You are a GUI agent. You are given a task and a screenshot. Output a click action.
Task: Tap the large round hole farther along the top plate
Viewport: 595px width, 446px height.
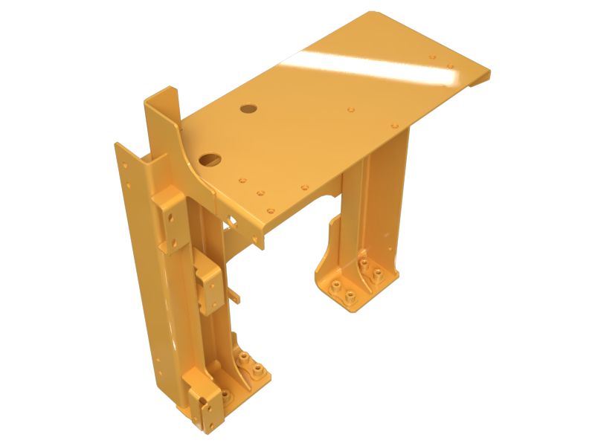click(x=248, y=109)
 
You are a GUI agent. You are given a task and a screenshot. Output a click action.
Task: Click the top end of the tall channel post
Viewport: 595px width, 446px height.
click(x=162, y=97)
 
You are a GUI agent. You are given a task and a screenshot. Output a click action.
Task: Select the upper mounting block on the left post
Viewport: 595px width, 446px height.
click(x=170, y=219)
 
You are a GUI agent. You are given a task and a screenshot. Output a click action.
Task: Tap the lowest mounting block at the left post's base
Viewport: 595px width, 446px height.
click(x=211, y=405)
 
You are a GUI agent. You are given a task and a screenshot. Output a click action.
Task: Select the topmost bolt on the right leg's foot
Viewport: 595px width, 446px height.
click(x=363, y=263)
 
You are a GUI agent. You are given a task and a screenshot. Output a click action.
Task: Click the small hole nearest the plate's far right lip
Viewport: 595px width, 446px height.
click(x=451, y=67)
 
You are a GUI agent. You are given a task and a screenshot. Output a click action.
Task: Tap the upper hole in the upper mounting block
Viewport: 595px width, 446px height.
click(x=170, y=213)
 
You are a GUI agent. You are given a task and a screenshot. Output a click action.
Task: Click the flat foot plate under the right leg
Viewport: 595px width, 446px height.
click(x=350, y=294)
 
